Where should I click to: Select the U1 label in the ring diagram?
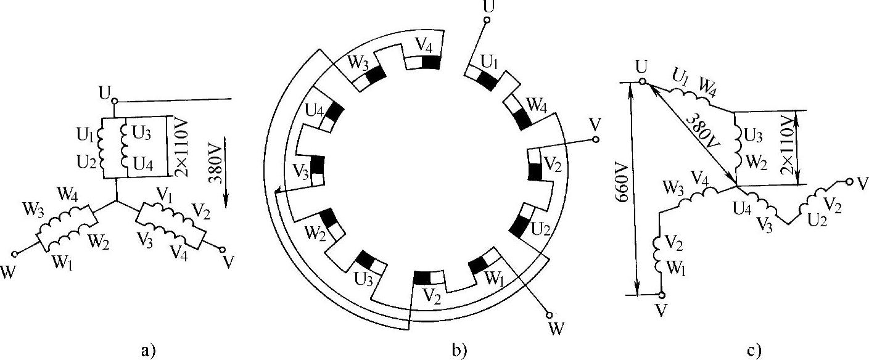point(490,63)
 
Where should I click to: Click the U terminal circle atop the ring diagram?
point(486,20)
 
